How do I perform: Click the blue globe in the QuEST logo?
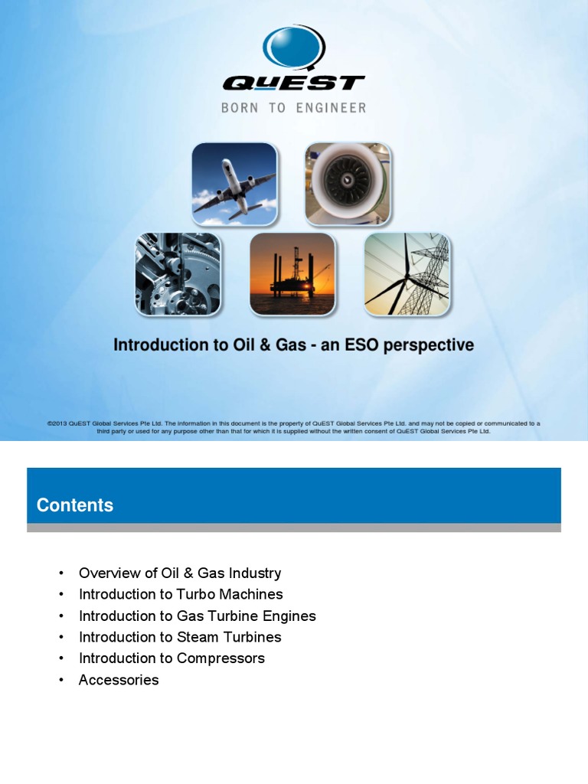pyautogui.click(x=293, y=47)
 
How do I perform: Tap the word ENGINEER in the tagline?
pyautogui.click(x=331, y=108)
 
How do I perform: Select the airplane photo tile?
pyautogui.click(x=234, y=184)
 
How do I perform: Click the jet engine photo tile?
pyautogui.click(x=348, y=184)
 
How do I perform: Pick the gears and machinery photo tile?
pyautogui.click(x=178, y=274)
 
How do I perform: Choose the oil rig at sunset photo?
pyautogui.click(x=292, y=274)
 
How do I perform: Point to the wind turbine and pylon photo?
pyautogui.click(x=407, y=274)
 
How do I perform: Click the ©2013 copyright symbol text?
pyautogui.click(x=57, y=423)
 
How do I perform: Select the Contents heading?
pyautogui.click(x=75, y=505)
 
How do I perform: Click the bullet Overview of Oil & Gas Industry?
pyautogui.click(x=180, y=573)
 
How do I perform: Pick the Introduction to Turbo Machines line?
pyautogui.click(x=181, y=594)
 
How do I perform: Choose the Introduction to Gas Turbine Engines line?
pyautogui.click(x=197, y=616)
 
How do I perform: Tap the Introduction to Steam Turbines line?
pyautogui.click(x=180, y=637)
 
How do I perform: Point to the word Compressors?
pyautogui.click(x=220, y=658)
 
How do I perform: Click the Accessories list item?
pyautogui.click(x=119, y=680)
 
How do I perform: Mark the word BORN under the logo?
pyautogui.click(x=240, y=108)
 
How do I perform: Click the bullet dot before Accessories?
pyautogui.click(x=60, y=681)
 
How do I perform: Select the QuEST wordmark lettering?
pyautogui.click(x=293, y=83)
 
